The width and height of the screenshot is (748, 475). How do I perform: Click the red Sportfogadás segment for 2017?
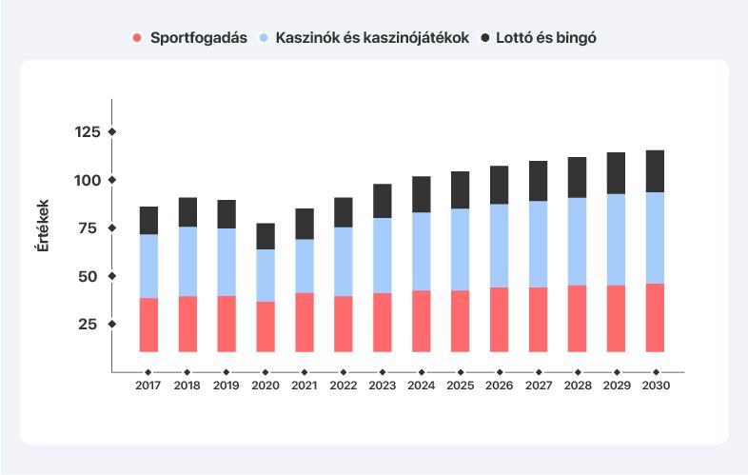coord(148,325)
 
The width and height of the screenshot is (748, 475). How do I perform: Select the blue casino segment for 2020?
coord(266,275)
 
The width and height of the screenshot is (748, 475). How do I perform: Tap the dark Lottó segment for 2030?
coord(655,171)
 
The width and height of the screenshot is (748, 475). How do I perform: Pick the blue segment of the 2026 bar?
coord(499,246)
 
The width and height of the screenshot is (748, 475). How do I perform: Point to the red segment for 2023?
coord(383,322)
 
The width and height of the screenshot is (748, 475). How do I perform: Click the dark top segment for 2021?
coord(305,224)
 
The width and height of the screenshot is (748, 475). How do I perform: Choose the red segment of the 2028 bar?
coord(577,318)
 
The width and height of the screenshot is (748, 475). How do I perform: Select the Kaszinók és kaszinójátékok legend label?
coord(372,38)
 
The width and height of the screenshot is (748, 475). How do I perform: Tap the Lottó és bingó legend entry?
coord(544,38)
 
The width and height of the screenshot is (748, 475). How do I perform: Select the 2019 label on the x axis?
coord(226,386)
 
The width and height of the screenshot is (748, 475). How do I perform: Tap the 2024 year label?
coord(422,386)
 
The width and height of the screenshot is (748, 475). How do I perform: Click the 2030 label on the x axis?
coord(656,386)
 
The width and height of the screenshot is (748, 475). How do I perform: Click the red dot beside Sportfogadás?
coord(137,38)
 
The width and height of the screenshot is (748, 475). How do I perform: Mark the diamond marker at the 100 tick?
coord(111,180)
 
